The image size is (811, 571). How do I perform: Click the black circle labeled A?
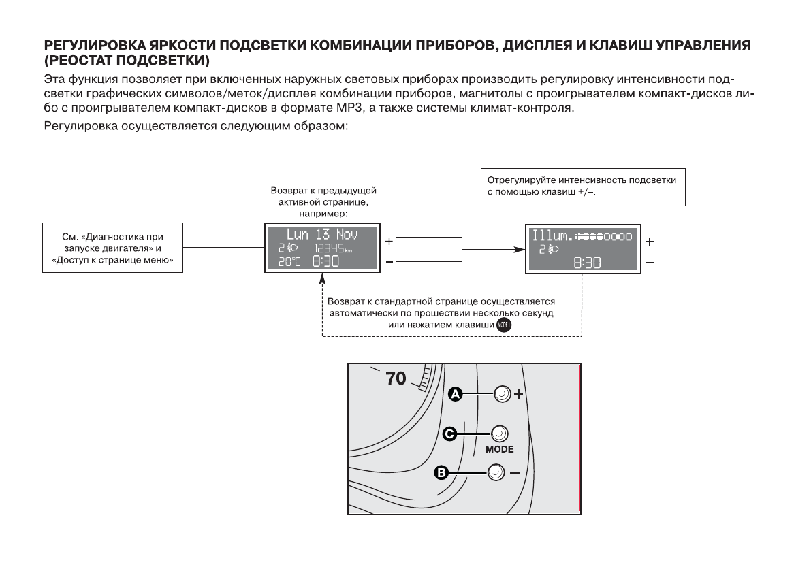pos(456,394)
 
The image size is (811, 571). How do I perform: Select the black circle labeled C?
pos(449,434)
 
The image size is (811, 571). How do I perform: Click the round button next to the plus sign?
pos(502,394)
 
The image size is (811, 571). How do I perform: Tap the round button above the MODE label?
pos(498,434)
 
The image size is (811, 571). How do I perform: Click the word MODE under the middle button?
pos(499,449)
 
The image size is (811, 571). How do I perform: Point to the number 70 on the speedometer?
pos(396,378)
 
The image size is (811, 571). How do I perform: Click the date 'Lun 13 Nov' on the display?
pos(321,234)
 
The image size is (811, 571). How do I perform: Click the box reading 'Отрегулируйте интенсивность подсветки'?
pos(583,186)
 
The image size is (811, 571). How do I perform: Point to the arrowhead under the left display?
pos(322,278)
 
